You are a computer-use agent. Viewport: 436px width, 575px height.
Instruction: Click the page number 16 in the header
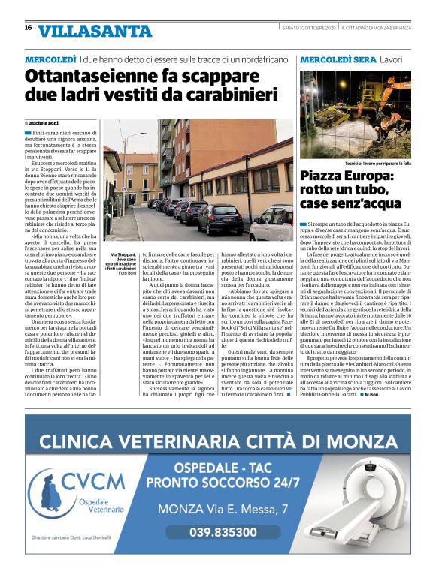click(x=28, y=28)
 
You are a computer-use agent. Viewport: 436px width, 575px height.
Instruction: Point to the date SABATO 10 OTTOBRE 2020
click(x=303, y=28)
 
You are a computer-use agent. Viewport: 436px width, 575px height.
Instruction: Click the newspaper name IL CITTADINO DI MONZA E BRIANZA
click(x=376, y=28)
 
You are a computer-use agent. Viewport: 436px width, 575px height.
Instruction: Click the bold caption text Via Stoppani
click(x=124, y=255)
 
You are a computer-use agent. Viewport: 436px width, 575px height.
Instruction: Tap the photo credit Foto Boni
click(x=129, y=272)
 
